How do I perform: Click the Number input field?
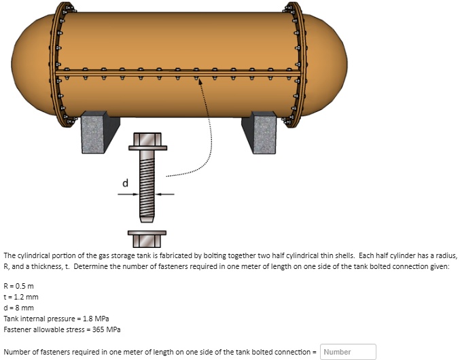pos(347,352)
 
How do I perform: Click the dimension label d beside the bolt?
pos(124,183)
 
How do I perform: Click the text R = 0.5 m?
pos(19,285)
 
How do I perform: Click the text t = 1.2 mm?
pos(21,296)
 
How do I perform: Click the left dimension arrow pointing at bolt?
pos(128,194)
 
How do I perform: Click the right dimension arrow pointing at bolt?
pos(165,194)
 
